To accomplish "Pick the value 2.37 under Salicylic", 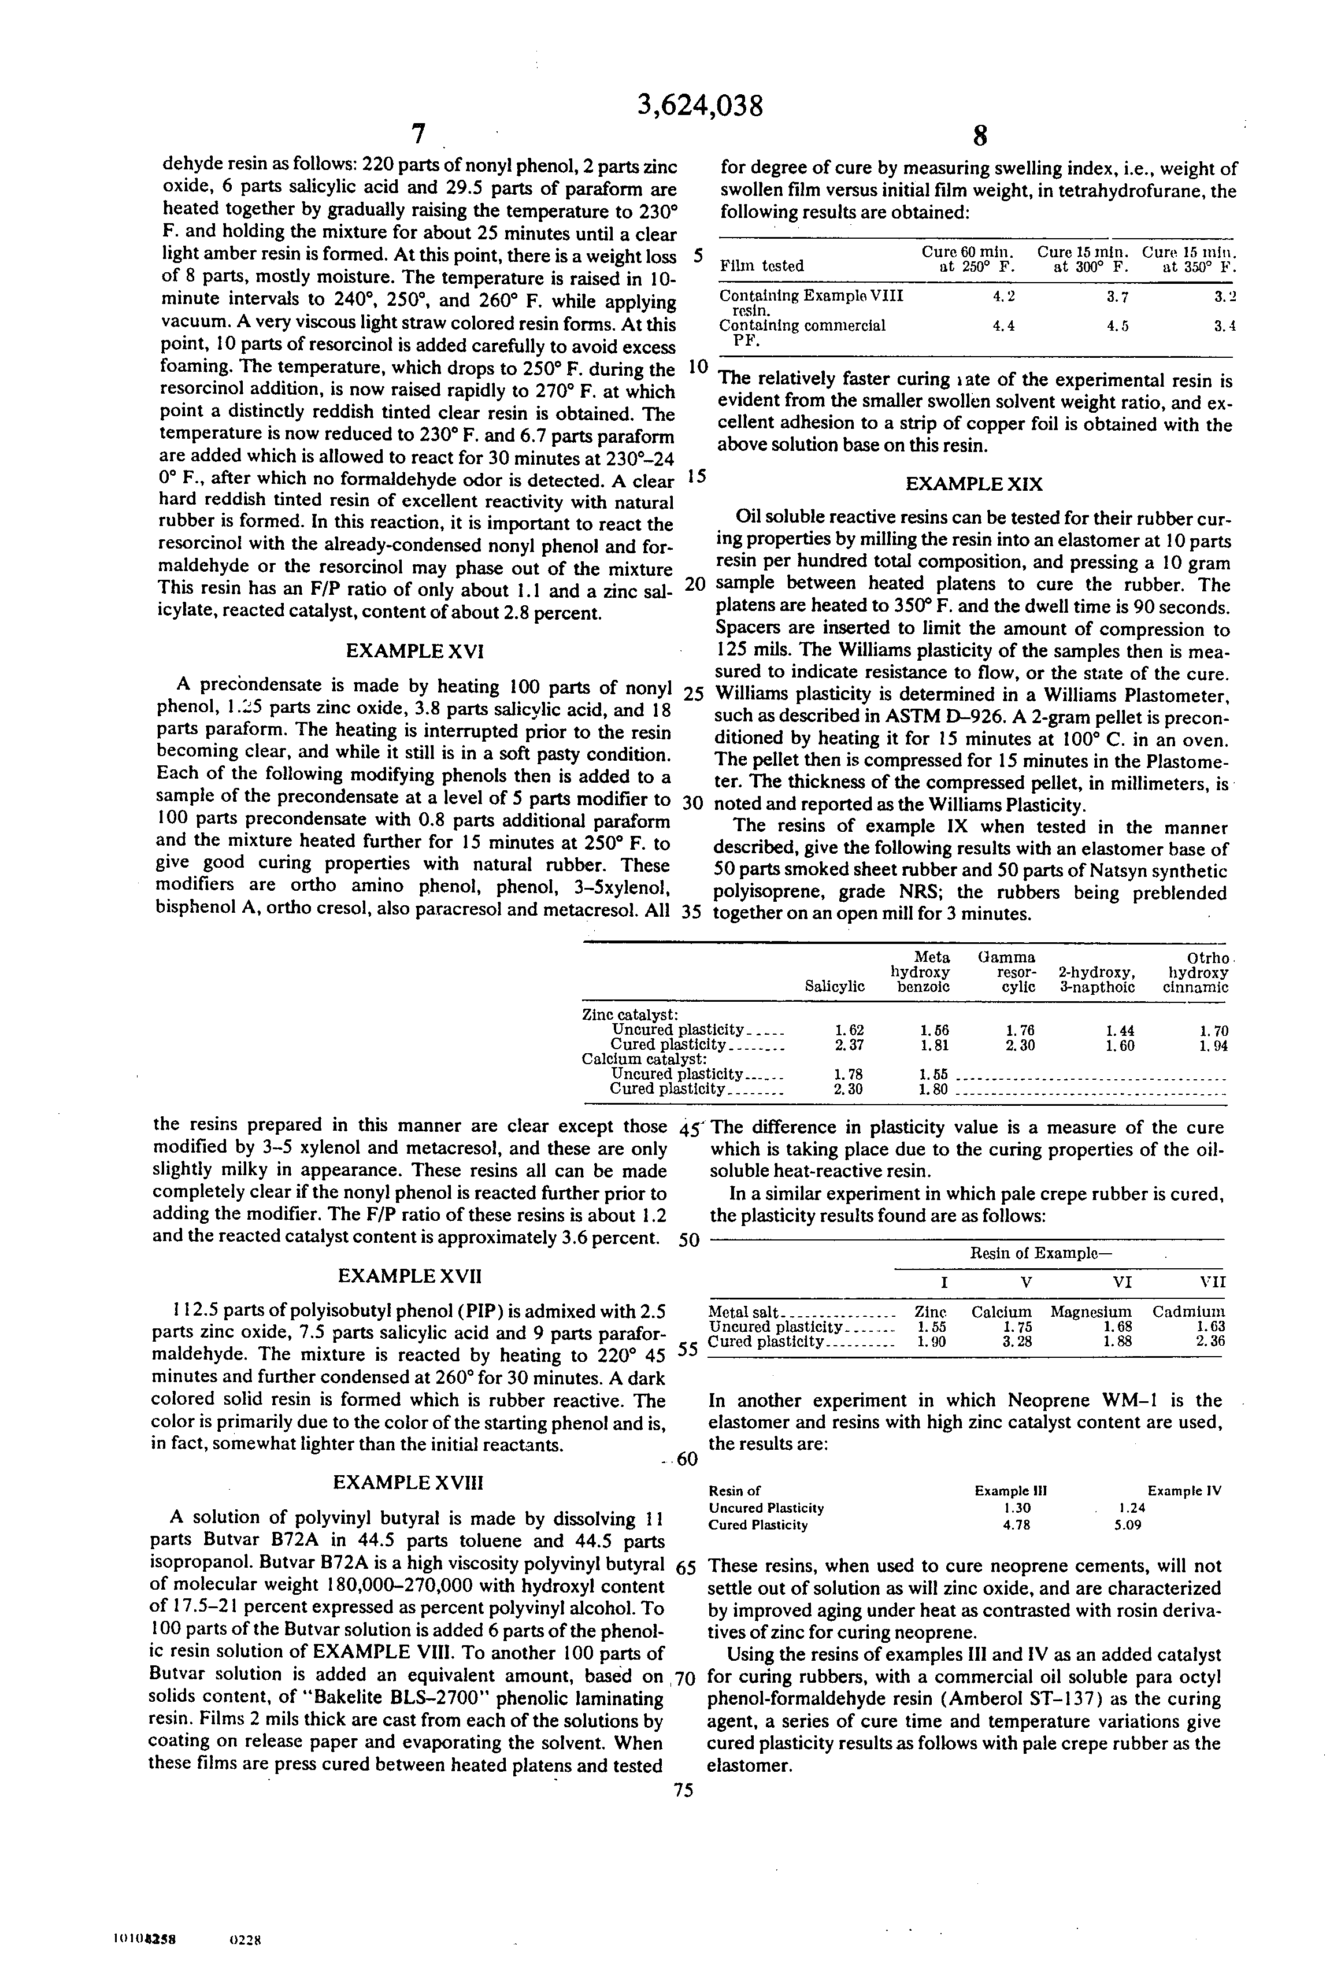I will point(849,1045).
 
